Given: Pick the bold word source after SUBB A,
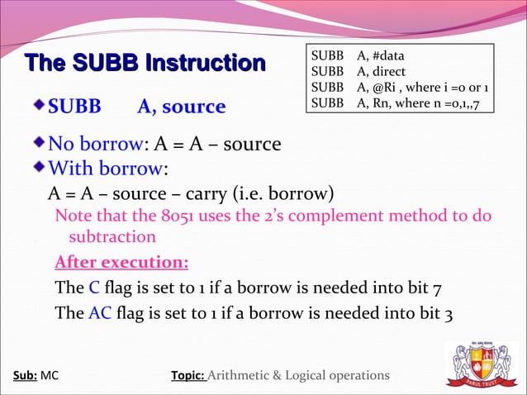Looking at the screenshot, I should pos(193,107).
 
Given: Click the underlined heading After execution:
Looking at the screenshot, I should pos(121,264).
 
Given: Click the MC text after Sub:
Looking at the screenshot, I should pos(50,376).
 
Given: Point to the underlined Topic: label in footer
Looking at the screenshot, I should pos(188,376).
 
